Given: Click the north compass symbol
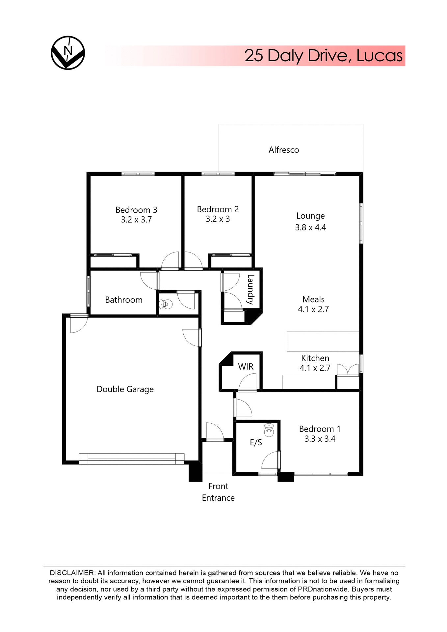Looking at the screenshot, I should click(68, 53).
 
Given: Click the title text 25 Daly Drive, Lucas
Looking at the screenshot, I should click(323, 56).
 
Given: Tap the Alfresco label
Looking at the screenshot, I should click(283, 150).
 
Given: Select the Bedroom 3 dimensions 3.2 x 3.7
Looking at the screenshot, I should click(136, 220).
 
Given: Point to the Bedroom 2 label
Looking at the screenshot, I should click(218, 209).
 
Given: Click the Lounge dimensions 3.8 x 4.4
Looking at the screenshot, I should click(310, 227).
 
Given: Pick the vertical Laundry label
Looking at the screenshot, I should click(250, 289).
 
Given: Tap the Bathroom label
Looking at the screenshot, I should click(123, 300).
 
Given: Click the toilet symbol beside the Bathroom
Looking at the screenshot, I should click(166, 304).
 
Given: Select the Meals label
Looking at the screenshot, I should click(313, 299).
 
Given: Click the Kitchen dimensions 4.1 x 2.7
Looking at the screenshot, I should click(315, 368).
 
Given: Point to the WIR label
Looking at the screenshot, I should click(246, 367).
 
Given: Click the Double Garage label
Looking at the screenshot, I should click(125, 389).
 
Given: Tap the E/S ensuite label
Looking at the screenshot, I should click(256, 442).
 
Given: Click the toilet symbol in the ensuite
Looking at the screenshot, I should click(269, 430).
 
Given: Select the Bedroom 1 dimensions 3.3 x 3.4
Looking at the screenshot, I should click(320, 439).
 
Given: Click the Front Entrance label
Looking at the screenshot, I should click(218, 492).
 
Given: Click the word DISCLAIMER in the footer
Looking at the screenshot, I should click(72, 573).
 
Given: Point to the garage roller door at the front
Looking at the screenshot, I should click(131, 459).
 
